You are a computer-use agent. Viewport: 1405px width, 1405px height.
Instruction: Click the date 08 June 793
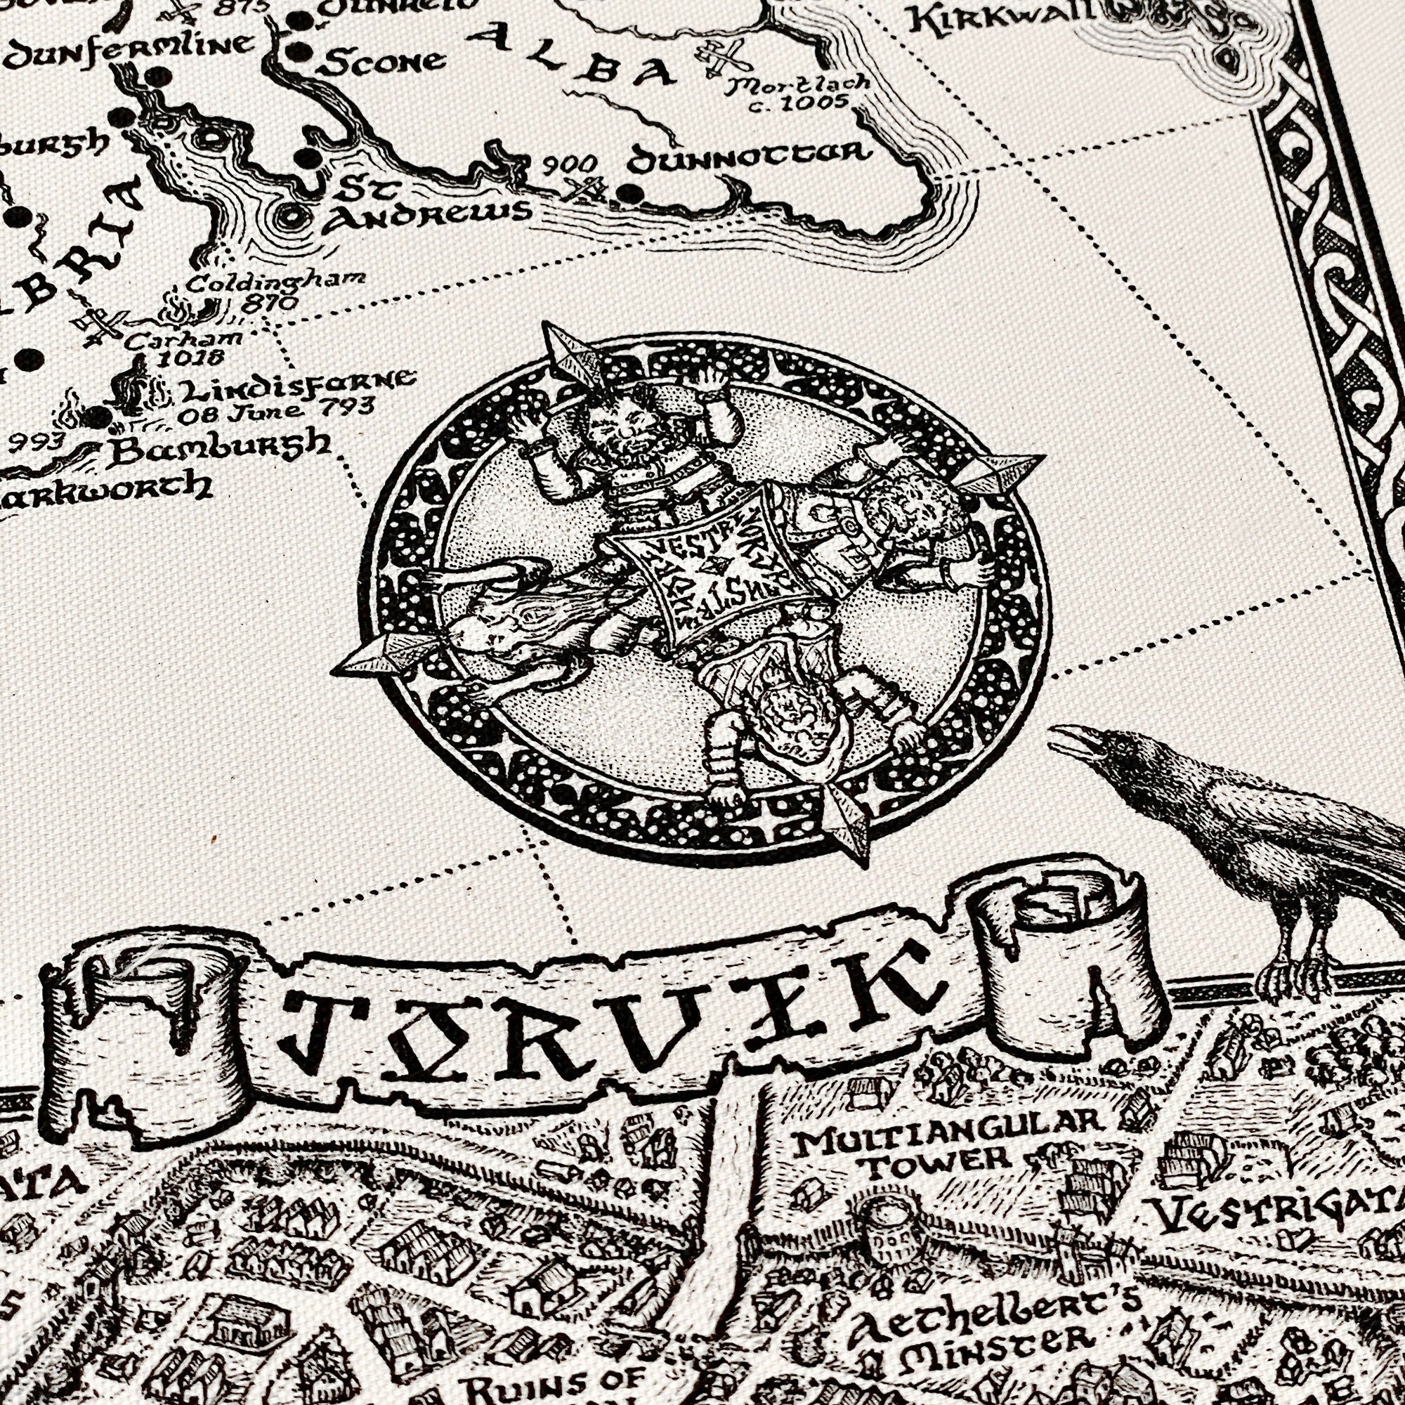(276, 411)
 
